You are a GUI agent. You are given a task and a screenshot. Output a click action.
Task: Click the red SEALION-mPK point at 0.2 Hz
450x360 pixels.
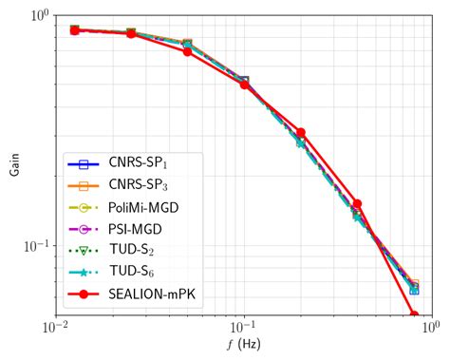[301, 133]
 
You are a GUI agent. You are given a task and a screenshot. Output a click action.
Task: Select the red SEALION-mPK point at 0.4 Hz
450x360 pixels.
[357, 203]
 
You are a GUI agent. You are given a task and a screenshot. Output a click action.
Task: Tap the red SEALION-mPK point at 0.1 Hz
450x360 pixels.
[244, 85]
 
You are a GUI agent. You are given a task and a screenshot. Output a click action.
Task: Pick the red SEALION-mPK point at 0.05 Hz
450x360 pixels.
[188, 51]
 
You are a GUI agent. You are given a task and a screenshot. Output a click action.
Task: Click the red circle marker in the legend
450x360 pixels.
[84, 294]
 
